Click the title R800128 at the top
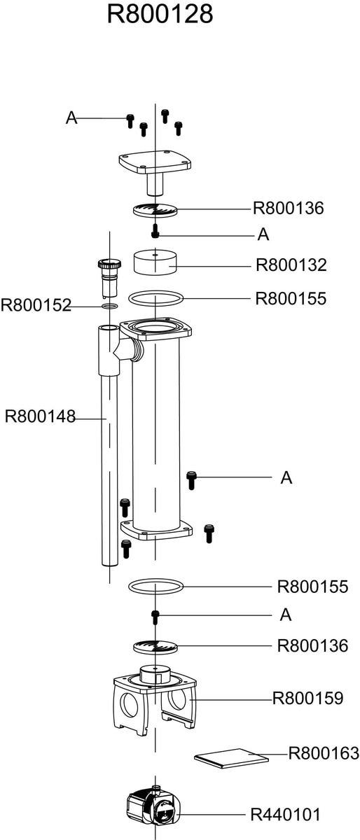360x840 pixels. [x=160, y=14]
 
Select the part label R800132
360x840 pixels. [x=291, y=265]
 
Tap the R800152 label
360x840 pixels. [x=36, y=305]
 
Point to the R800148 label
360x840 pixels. [x=40, y=416]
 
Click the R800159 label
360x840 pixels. [x=307, y=699]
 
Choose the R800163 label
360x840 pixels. [x=324, y=753]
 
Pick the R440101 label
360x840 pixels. [x=286, y=815]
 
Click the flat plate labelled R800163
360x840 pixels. [x=231, y=758]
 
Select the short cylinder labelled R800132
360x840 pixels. [x=155, y=262]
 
